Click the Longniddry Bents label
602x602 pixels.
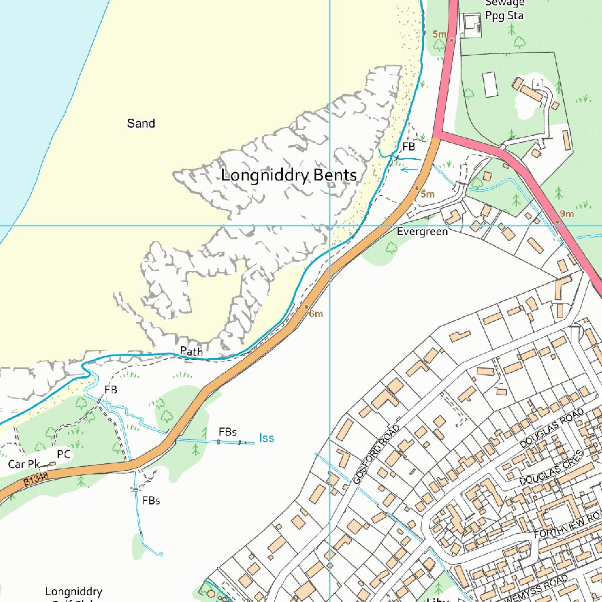pos(289,175)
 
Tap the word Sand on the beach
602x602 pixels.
pos(141,123)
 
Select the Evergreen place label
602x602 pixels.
pos(422,232)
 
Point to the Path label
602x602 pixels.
pos(191,352)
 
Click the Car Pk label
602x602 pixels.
pos(24,464)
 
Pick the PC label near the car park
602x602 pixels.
pos(63,454)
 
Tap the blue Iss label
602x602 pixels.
pos(266,438)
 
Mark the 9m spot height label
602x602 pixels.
pos(567,213)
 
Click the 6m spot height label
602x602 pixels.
pos(316,314)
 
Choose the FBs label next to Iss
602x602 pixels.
pos(228,432)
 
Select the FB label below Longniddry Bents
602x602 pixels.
pos(111,390)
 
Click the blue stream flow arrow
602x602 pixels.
pos(409,170)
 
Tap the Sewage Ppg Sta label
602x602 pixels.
pos(504,9)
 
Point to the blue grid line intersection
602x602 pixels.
pos(330,226)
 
